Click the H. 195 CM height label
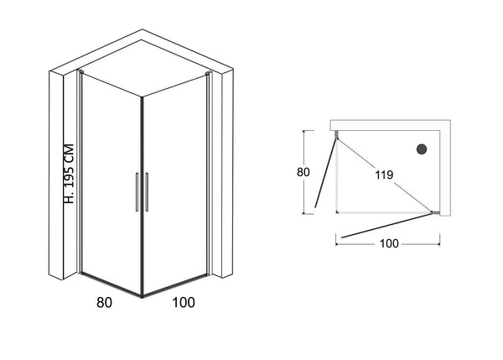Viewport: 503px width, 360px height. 70,174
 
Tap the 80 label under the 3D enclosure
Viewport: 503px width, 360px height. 104,302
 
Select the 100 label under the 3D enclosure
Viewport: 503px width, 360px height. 184,302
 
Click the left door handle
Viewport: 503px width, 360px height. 137,192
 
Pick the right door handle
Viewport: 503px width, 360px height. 147,192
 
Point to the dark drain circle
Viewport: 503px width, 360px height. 422,149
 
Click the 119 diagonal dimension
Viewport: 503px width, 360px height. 384,175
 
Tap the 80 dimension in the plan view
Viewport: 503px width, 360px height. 303,172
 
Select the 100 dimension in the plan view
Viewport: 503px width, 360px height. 389,243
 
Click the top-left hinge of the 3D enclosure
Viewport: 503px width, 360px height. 80,71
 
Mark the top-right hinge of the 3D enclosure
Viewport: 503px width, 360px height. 209,74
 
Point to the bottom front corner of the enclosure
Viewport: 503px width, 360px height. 143,297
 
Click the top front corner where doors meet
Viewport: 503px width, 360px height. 143,97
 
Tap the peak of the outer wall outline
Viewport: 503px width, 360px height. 143,29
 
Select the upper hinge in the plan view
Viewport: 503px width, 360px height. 336,135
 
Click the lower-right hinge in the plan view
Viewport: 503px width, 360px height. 435,212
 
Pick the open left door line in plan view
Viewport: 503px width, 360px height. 325,173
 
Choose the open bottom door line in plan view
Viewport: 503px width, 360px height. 386,226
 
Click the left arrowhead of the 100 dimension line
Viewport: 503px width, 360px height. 338,244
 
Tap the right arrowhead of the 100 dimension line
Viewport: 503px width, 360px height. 438,244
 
